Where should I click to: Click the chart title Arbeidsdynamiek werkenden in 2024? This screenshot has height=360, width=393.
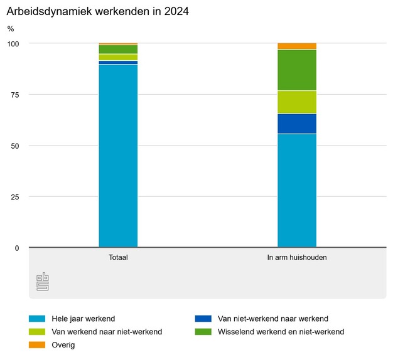[98, 12]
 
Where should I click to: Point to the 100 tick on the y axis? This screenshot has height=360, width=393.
[13, 43]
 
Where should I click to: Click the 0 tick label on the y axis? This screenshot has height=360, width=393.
[17, 248]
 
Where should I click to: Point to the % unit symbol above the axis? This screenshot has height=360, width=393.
[11, 29]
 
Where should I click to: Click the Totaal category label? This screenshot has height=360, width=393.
[118, 258]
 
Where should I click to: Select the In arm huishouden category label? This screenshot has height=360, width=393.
[297, 258]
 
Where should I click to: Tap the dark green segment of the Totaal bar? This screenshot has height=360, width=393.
[118, 49]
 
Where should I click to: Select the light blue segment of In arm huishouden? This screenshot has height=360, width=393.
[297, 191]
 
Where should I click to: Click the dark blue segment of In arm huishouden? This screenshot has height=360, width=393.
[297, 124]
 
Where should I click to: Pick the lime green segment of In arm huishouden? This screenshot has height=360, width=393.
[297, 102]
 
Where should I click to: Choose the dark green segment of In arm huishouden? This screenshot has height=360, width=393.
[297, 70]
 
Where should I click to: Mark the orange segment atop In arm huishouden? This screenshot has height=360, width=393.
[297, 46]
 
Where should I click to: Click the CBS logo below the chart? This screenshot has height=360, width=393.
[43, 282]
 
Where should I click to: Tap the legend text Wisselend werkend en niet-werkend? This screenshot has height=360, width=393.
[281, 332]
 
